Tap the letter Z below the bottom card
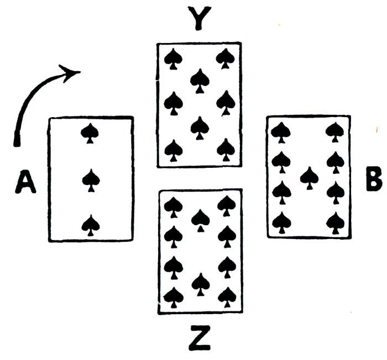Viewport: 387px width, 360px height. (x=199, y=339)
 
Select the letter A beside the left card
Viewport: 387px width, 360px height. (x=25, y=182)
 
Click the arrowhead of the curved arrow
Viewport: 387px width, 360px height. (x=72, y=72)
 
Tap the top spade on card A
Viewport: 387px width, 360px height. (x=90, y=133)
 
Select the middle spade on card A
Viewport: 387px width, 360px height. (x=91, y=179)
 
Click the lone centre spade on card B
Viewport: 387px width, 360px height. (x=309, y=177)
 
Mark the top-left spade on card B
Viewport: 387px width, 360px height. (x=281, y=131)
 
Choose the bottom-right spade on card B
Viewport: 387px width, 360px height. (x=335, y=222)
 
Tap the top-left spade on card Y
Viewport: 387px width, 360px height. (x=174, y=58)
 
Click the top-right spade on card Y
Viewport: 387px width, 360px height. (x=224, y=57)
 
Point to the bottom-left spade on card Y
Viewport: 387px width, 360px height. (x=174, y=149)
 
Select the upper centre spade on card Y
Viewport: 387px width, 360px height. (x=199, y=80)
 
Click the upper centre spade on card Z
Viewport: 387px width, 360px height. (x=200, y=219)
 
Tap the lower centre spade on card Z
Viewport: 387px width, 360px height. (x=200, y=283)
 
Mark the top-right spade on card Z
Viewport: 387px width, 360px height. (x=226, y=205)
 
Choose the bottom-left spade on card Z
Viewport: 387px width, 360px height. (x=174, y=297)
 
